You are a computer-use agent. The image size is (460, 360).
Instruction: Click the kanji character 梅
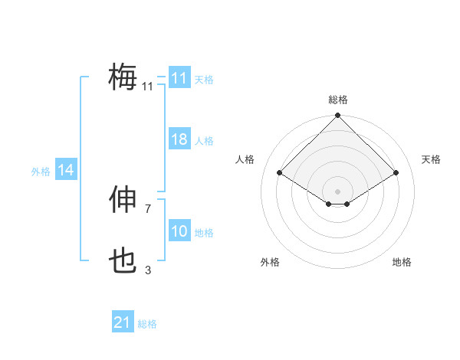pyautogui.click(x=123, y=77)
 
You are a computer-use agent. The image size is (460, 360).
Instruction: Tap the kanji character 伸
pyautogui.click(x=123, y=201)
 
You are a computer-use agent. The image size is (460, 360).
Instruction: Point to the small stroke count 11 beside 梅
pyautogui.click(x=148, y=87)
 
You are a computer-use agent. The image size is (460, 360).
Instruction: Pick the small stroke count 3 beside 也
pyautogui.click(x=148, y=270)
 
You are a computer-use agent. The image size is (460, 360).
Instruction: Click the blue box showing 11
pyautogui.click(x=179, y=78)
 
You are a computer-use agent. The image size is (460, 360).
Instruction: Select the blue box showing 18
pyautogui.click(x=179, y=139)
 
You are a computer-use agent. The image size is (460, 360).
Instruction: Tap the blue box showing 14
pyautogui.click(x=66, y=171)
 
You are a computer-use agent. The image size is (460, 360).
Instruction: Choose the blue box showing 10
pyautogui.click(x=179, y=231)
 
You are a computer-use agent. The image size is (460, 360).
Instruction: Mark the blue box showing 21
pyautogui.click(x=123, y=322)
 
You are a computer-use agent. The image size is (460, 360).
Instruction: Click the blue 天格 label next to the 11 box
pyautogui.click(x=204, y=79)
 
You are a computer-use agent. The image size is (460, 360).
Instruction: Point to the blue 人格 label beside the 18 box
pyautogui.click(x=204, y=141)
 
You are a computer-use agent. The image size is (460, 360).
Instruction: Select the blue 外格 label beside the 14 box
pyautogui.click(x=41, y=172)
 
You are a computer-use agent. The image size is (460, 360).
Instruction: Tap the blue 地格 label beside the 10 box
pyautogui.click(x=204, y=233)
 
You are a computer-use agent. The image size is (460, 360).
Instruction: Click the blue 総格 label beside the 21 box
pyautogui.click(x=147, y=324)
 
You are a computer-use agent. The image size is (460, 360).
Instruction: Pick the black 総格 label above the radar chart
pyautogui.click(x=337, y=100)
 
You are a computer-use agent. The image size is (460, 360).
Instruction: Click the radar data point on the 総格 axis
pyautogui.click(x=337, y=116)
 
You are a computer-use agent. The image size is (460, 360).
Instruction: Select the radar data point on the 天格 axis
pyautogui.click(x=396, y=173)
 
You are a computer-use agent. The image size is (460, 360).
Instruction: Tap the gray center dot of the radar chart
pyautogui.click(x=337, y=191)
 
